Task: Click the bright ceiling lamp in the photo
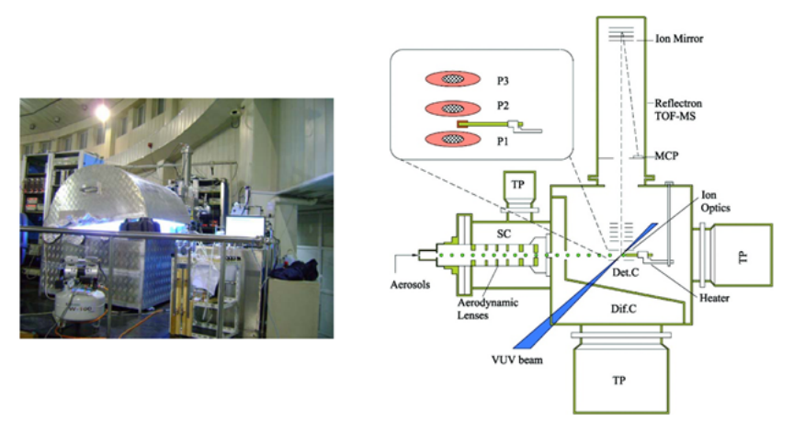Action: tap(102, 112)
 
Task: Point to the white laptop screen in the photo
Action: tap(244, 226)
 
